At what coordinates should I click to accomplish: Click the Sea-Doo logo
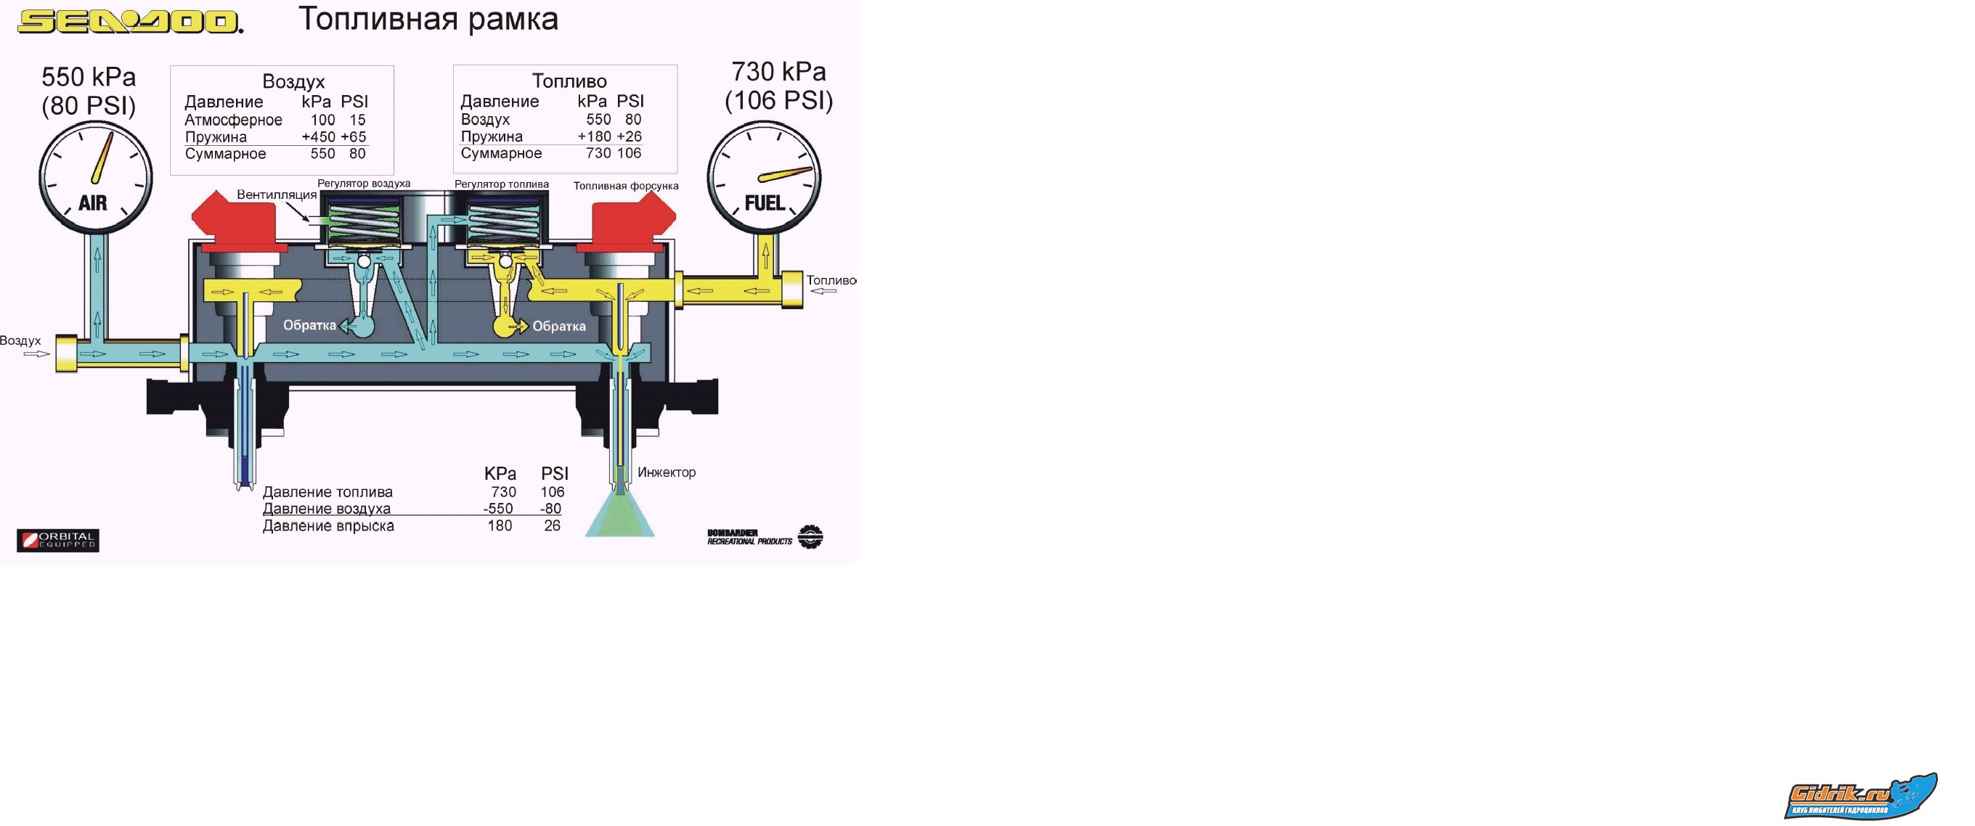pyautogui.click(x=129, y=21)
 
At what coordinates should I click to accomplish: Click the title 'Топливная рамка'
pyautogui.click(x=428, y=19)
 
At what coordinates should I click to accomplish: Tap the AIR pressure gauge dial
pyautogui.click(x=96, y=177)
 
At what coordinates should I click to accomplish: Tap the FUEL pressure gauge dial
pyautogui.click(x=764, y=177)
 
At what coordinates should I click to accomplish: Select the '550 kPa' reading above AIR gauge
pyautogui.click(x=89, y=77)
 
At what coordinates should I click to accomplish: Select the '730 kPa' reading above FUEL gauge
pyautogui.click(x=778, y=71)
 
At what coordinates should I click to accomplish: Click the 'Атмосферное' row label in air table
pyautogui.click(x=233, y=120)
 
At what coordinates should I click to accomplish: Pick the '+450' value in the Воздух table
pyautogui.click(x=318, y=137)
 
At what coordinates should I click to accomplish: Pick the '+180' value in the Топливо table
pyautogui.click(x=594, y=136)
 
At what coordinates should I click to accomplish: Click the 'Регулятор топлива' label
pyautogui.click(x=502, y=184)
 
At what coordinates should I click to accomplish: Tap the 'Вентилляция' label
pyautogui.click(x=276, y=195)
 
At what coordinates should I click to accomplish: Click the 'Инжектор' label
pyautogui.click(x=667, y=473)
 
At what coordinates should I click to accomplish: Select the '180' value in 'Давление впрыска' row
pyautogui.click(x=500, y=526)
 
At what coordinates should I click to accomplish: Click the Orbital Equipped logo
pyautogui.click(x=58, y=540)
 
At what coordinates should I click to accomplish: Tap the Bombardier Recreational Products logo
pyautogui.click(x=765, y=537)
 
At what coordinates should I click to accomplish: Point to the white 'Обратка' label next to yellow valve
pyautogui.click(x=559, y=327)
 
